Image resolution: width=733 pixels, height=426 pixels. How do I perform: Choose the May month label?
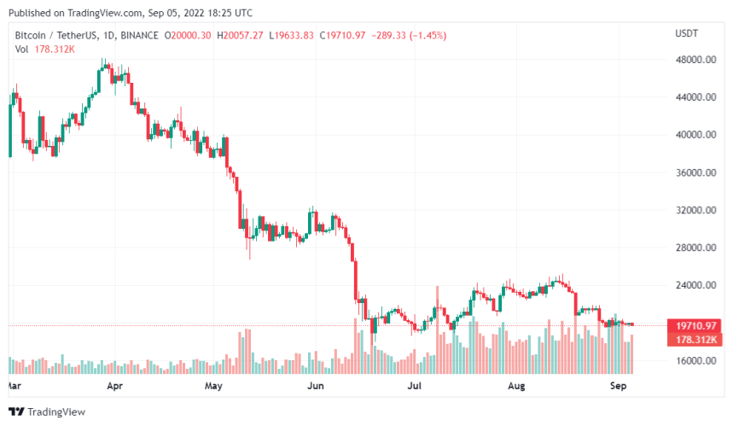point(213,386)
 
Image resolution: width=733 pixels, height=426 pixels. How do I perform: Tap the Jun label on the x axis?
point(315,386)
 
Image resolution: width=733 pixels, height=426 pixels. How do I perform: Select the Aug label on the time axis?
point(516,386)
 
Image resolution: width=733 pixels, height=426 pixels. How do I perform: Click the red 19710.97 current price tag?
point(695,325)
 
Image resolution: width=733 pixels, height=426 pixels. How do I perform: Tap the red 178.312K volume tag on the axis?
point(695,339)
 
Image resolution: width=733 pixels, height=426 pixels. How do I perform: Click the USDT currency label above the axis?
point(687,33)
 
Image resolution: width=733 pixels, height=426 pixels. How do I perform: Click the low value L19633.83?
point(291,35)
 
